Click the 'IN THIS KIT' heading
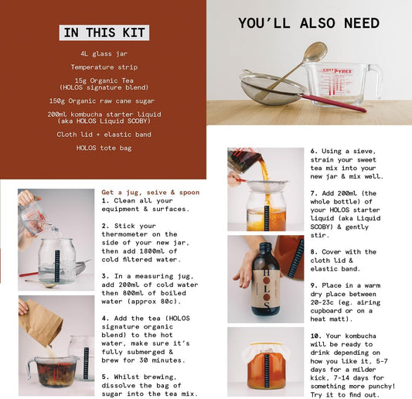tap(104, 32)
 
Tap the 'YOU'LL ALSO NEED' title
tap(308, 23)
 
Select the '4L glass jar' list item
tap(103, 54)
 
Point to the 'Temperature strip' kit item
tap(103, 67)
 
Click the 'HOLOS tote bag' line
tap(103, 148)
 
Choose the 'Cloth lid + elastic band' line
tap(103, 134)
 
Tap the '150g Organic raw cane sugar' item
tap(103, 101)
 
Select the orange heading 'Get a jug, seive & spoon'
tap(150, 192)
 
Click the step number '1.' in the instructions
tap(105, 200)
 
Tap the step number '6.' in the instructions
tap(314, 152)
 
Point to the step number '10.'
tap(315, 336)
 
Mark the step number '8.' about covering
tap(314, 251)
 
